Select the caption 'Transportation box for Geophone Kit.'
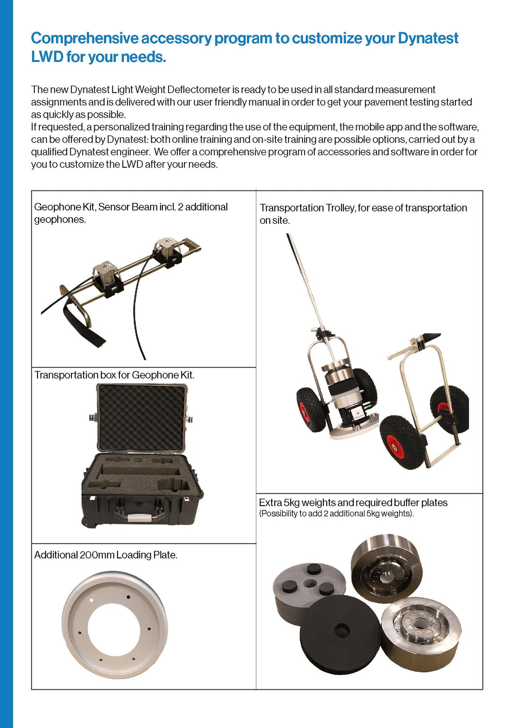(114, 375)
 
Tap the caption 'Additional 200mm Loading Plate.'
(106, 555)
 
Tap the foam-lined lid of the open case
(142, 416)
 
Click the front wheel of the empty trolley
(402, 442)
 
